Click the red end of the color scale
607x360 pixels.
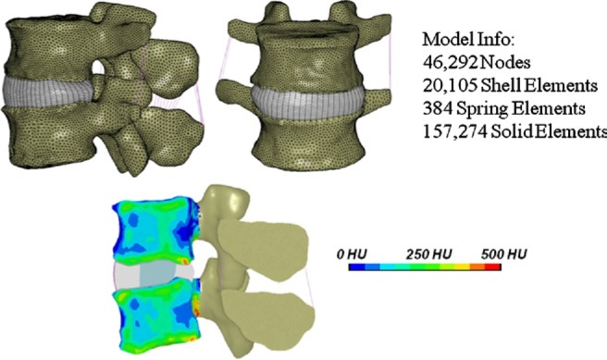pos(495,267)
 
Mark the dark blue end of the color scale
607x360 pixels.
pos(355,267)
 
